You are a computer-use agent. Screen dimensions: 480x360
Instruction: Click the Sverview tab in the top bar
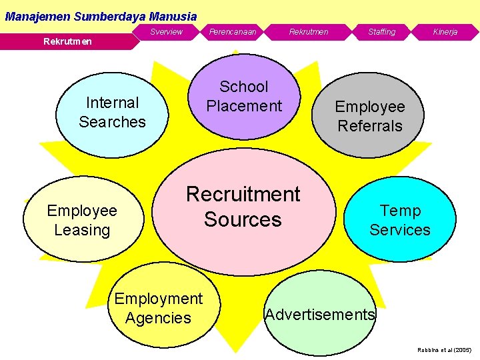(166, 32)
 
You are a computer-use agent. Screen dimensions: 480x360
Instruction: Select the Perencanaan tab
(233, 32)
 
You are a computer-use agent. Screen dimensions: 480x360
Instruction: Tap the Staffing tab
(382, 32)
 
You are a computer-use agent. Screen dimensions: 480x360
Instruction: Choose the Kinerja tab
(445, 32)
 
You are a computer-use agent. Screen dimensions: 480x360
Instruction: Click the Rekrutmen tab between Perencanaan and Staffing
(309, 32)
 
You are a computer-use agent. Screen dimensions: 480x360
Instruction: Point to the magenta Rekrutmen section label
(67, 42)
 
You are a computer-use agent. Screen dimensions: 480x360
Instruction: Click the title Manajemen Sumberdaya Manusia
(101, 16)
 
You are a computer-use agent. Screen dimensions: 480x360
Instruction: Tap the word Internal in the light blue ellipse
(113, 103)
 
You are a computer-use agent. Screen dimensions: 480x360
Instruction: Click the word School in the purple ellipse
(244, 87)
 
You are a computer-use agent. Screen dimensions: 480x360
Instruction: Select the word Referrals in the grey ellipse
(370, 125)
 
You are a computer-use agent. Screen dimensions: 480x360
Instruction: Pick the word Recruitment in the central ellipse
(243, 194)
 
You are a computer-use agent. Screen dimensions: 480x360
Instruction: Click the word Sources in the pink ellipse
(243, 219)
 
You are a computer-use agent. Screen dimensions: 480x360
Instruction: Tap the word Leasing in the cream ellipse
(82, 230)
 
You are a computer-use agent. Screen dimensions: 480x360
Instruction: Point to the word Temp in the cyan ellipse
(400, 211)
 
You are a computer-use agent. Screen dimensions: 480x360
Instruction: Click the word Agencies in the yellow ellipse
(158, 318)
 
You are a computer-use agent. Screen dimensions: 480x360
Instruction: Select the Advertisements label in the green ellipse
(320, 315)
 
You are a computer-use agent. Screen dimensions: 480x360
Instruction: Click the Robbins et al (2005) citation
(444, 349)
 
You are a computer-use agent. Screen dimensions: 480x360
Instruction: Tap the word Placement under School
(244, 106)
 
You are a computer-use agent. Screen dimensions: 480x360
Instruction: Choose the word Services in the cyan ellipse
(400, 230)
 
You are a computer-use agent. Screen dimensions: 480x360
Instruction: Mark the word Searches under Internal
(112, 122)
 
